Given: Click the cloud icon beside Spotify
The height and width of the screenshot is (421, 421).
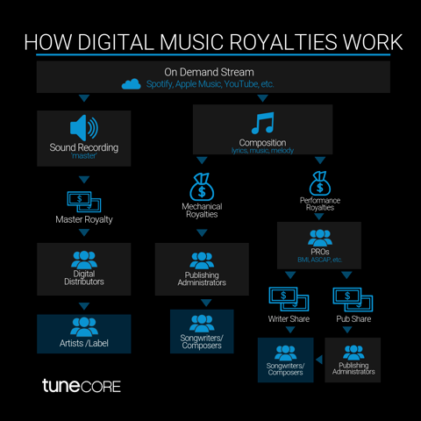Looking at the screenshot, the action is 131,84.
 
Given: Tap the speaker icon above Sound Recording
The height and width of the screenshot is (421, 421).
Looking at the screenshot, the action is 84,127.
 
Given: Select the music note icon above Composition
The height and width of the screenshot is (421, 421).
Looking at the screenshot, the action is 262,123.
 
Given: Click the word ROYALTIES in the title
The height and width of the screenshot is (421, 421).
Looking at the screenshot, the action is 282,42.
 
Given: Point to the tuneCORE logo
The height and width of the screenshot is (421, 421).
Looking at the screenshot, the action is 82,386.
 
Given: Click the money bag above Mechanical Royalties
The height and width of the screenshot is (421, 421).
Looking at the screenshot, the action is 202,187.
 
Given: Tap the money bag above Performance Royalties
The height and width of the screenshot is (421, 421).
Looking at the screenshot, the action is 320,183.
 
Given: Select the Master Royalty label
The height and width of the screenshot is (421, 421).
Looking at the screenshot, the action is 84,219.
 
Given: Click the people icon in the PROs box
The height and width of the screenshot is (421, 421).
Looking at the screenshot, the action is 320,238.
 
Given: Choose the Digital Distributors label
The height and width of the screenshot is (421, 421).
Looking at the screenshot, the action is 84,278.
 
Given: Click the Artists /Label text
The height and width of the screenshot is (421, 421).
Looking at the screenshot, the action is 84,343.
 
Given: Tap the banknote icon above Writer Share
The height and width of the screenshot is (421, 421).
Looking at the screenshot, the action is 289,299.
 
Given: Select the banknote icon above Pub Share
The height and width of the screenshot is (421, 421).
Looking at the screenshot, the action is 353,299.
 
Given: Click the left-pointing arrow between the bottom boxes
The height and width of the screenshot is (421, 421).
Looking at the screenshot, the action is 319,360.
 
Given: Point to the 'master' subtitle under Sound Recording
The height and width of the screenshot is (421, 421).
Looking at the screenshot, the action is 84,156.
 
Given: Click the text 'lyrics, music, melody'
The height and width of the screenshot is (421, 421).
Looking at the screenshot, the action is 262,151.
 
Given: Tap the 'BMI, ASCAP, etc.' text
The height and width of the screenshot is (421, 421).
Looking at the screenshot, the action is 320,260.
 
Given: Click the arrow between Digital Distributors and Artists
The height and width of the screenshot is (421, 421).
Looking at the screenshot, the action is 84,306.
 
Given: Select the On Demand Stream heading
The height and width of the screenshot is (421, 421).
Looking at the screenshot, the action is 209,72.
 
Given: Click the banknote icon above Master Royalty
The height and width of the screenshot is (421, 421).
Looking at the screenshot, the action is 84,202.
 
